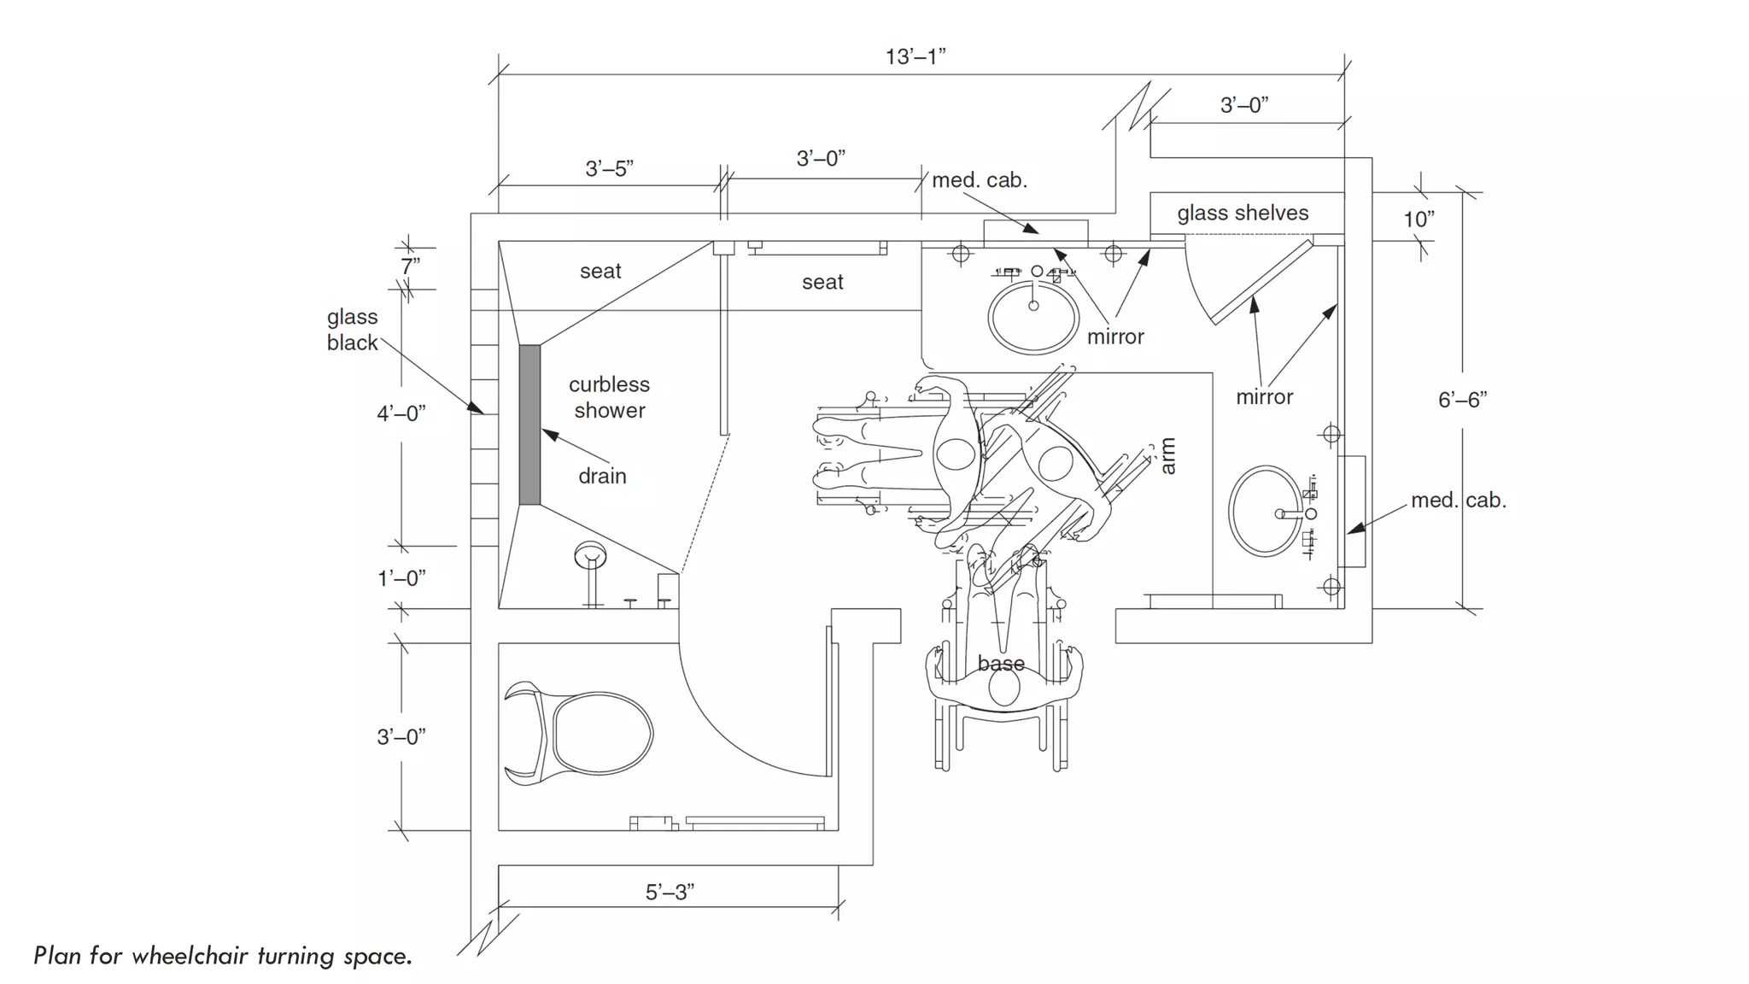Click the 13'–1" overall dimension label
coord(915,57)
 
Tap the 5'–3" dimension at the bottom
coord(670,893)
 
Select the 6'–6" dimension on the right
coord(1462,400)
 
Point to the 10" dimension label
coord(1419,220)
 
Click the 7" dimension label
coord(411,266)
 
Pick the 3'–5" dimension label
coord(609,169)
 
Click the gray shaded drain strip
coord(529,425)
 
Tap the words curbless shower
coord(609,397)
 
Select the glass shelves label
coord(1243,214)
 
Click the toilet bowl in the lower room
coord(602,733)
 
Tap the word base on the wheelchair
coord(1001,664)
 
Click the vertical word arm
coord(1168,456)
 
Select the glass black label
coord(352,330)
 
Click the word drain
coord(602,477)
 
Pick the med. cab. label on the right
coord(1458,501)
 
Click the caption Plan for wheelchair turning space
coord(223,956)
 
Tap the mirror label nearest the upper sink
coord(1115,337)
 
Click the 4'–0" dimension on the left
coord(401,414)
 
